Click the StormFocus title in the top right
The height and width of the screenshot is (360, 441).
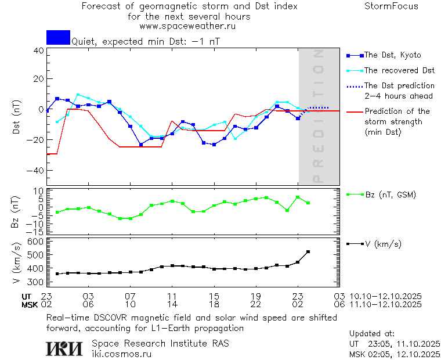[x=391, y=6]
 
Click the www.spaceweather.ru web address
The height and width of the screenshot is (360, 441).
[x=187, y=26]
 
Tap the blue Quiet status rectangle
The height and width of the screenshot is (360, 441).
[x=58, y=37]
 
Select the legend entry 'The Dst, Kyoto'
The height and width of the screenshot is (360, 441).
[x=392, y=55]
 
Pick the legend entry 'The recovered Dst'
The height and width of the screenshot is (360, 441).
[x=399, y=70]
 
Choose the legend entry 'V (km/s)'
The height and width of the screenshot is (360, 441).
[x=382, y=244]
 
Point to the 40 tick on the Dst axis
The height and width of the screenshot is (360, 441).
[x=39, y=51]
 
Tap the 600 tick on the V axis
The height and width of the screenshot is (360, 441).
[x=37, y=242]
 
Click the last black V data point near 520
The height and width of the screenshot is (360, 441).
[x=308, y=251]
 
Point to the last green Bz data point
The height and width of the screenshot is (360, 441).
[x=308, y=203]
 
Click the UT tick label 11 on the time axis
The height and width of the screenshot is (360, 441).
[x=172, y=296]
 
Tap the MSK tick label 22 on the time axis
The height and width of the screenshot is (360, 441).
[x=256, y=304]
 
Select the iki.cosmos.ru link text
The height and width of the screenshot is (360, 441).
[x=122, y=353]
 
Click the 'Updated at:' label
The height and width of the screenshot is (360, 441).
[x=371, y=333]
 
